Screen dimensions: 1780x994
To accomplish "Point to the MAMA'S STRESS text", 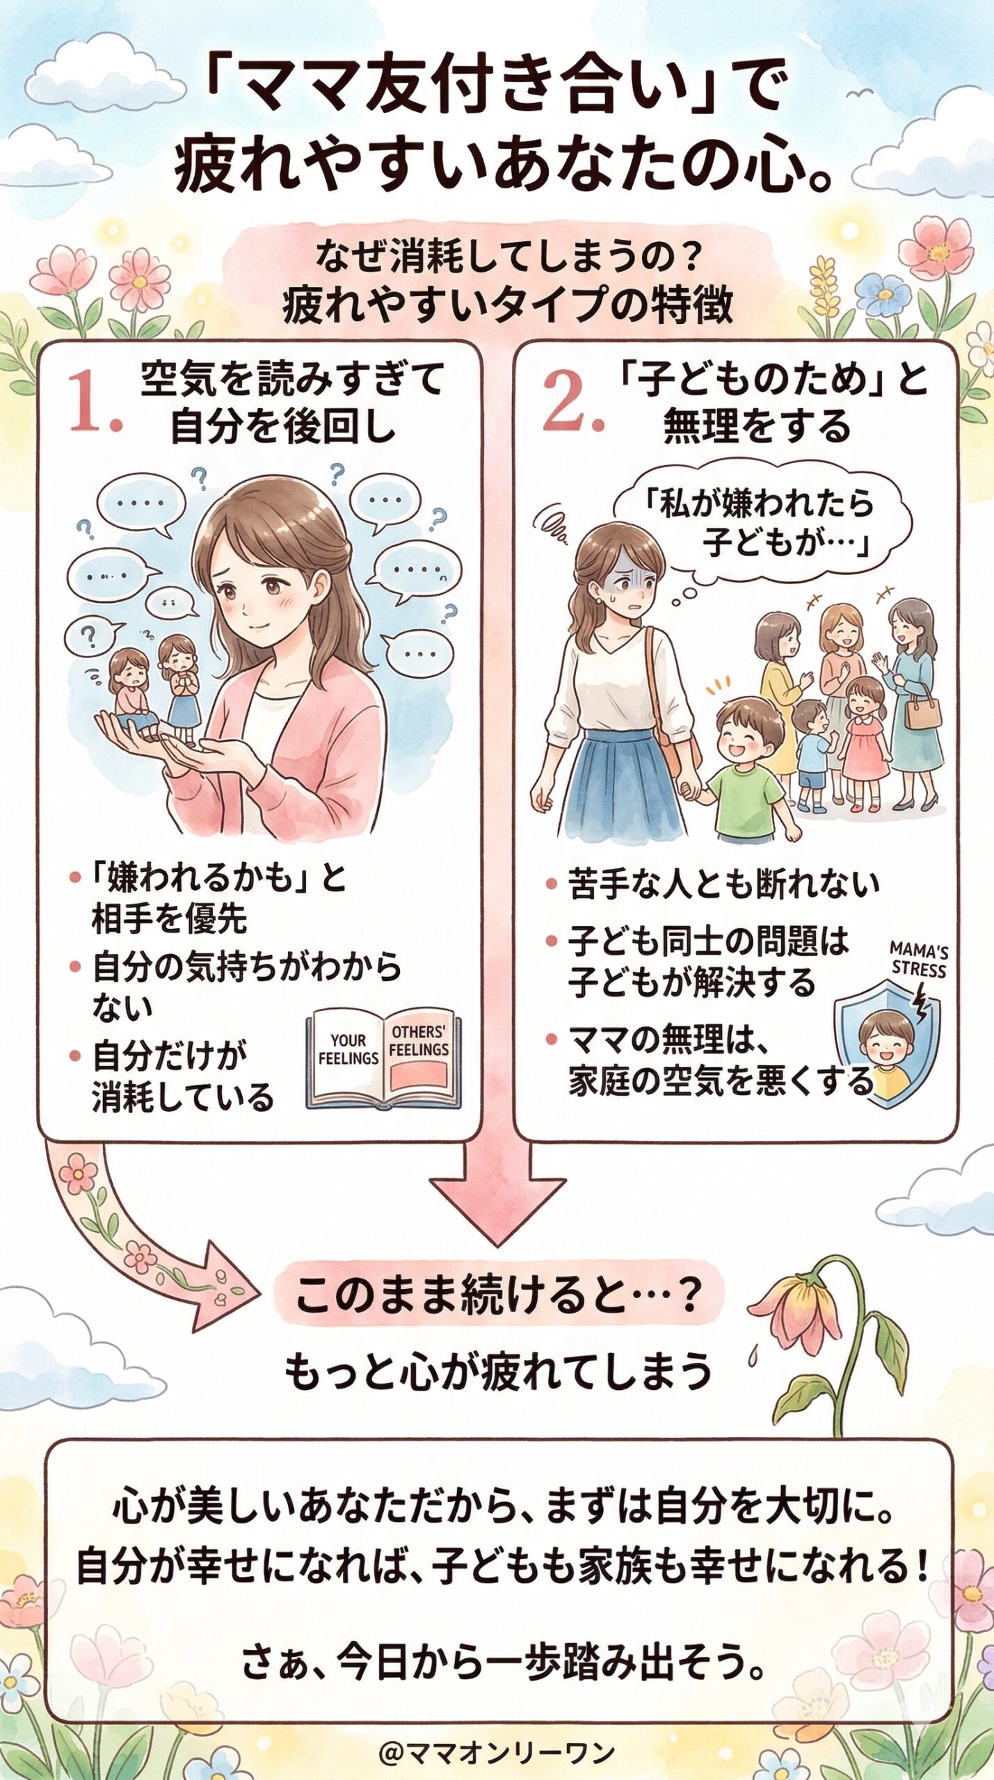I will click(918, 960).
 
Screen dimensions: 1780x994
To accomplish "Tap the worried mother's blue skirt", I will click(619, 779).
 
